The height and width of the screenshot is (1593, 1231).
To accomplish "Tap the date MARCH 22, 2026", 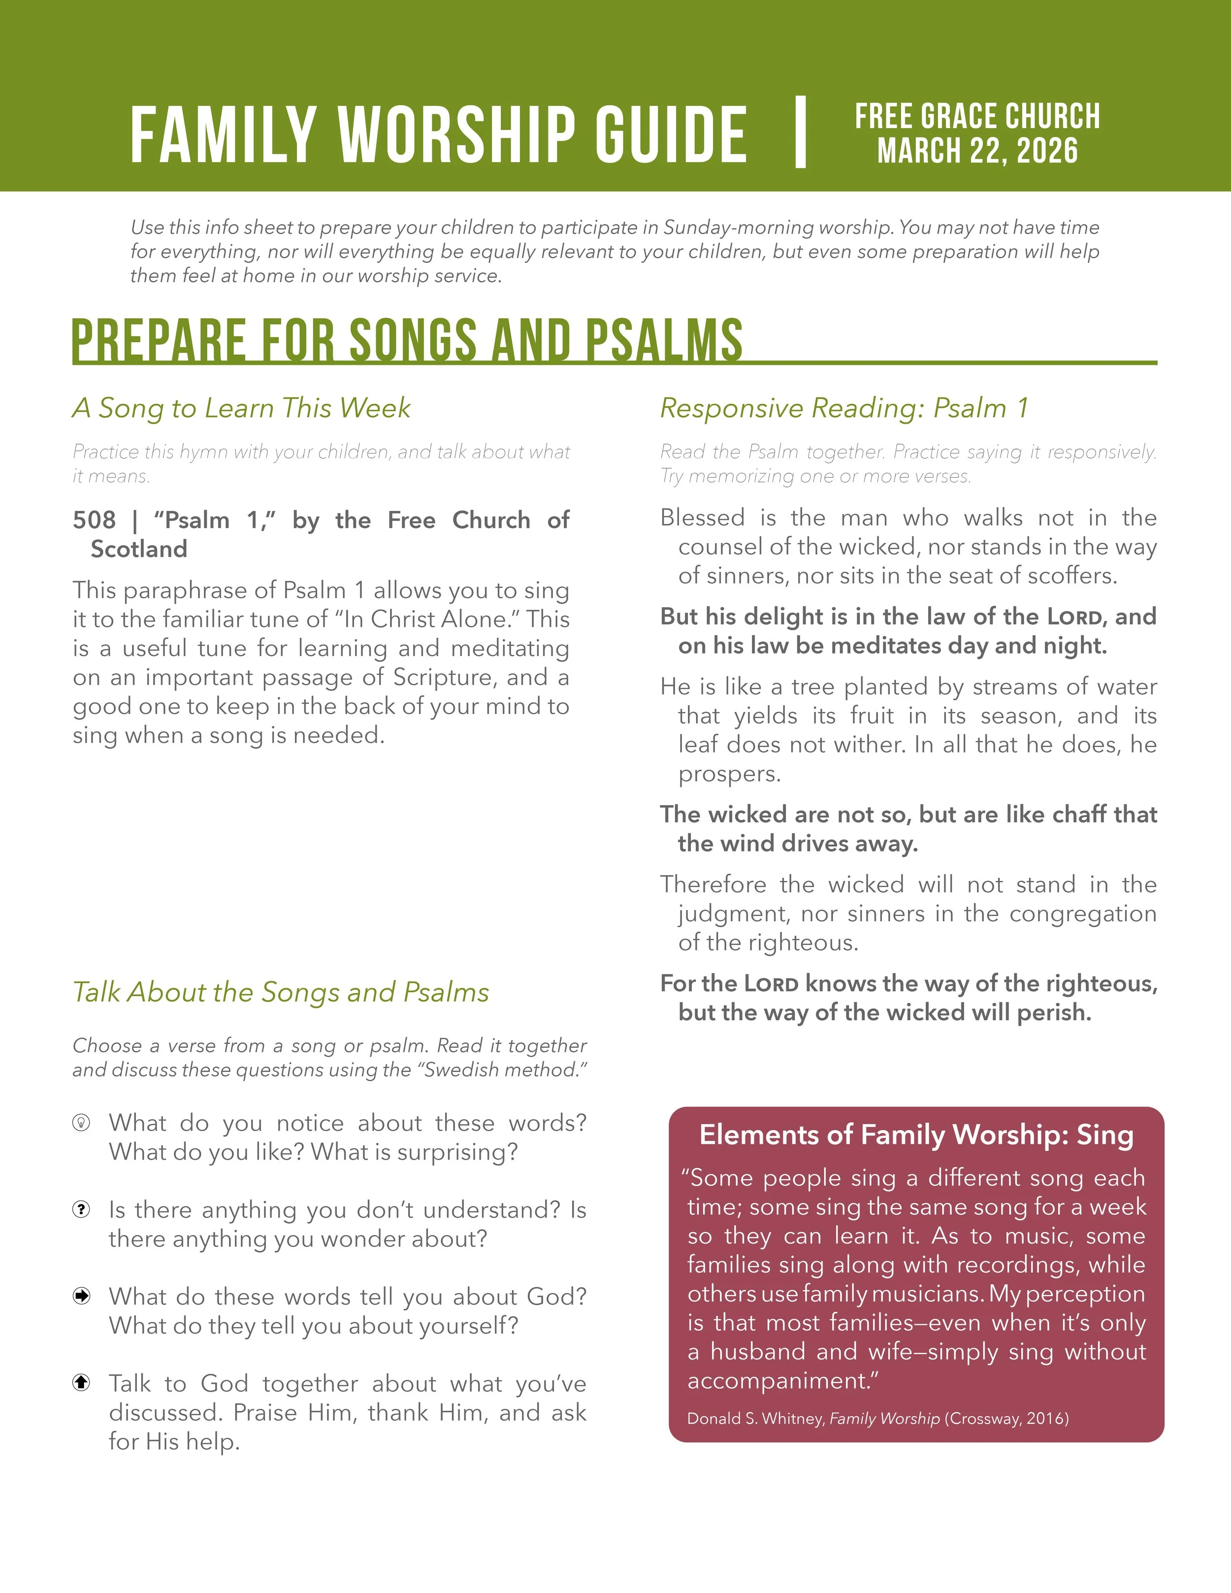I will point(977,151).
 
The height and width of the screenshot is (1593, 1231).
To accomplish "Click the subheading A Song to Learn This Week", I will point(241,408).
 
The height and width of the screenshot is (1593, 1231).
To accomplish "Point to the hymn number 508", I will point(94,520).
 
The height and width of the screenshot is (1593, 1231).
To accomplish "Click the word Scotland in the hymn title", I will point(138,549).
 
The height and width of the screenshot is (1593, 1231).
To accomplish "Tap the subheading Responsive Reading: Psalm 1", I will point(844,408).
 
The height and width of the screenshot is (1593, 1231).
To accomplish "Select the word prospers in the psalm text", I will point(729,774).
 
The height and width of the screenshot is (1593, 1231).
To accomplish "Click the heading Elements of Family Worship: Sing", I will point(916,1135).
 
